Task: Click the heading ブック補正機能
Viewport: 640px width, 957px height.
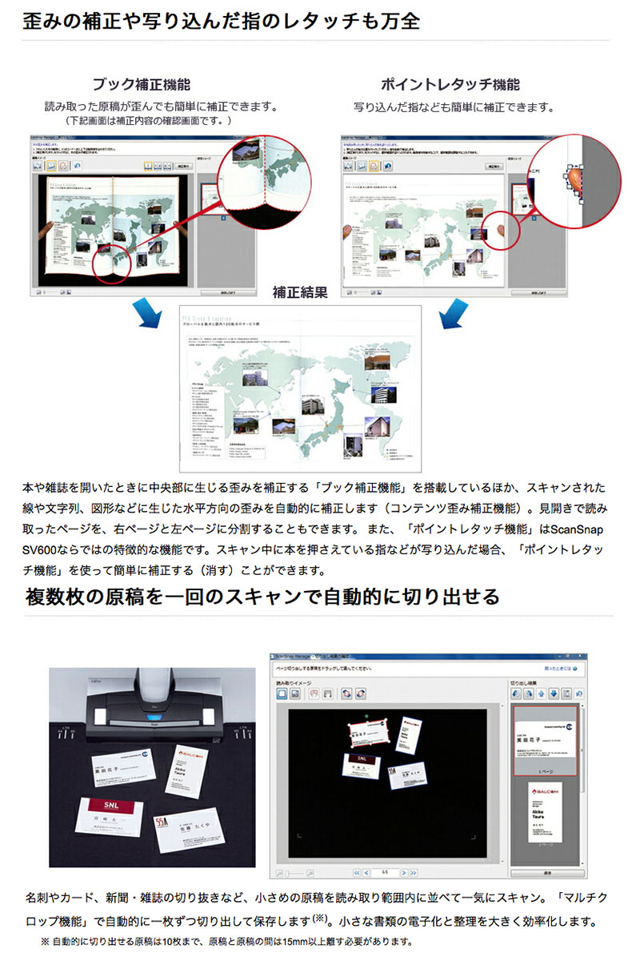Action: point(141,84)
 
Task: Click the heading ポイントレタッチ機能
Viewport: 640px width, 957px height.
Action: point(450,84)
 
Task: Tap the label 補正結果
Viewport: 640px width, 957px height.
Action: point(300,292)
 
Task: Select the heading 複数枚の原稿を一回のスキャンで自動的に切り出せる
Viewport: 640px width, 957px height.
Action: point(262,597)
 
